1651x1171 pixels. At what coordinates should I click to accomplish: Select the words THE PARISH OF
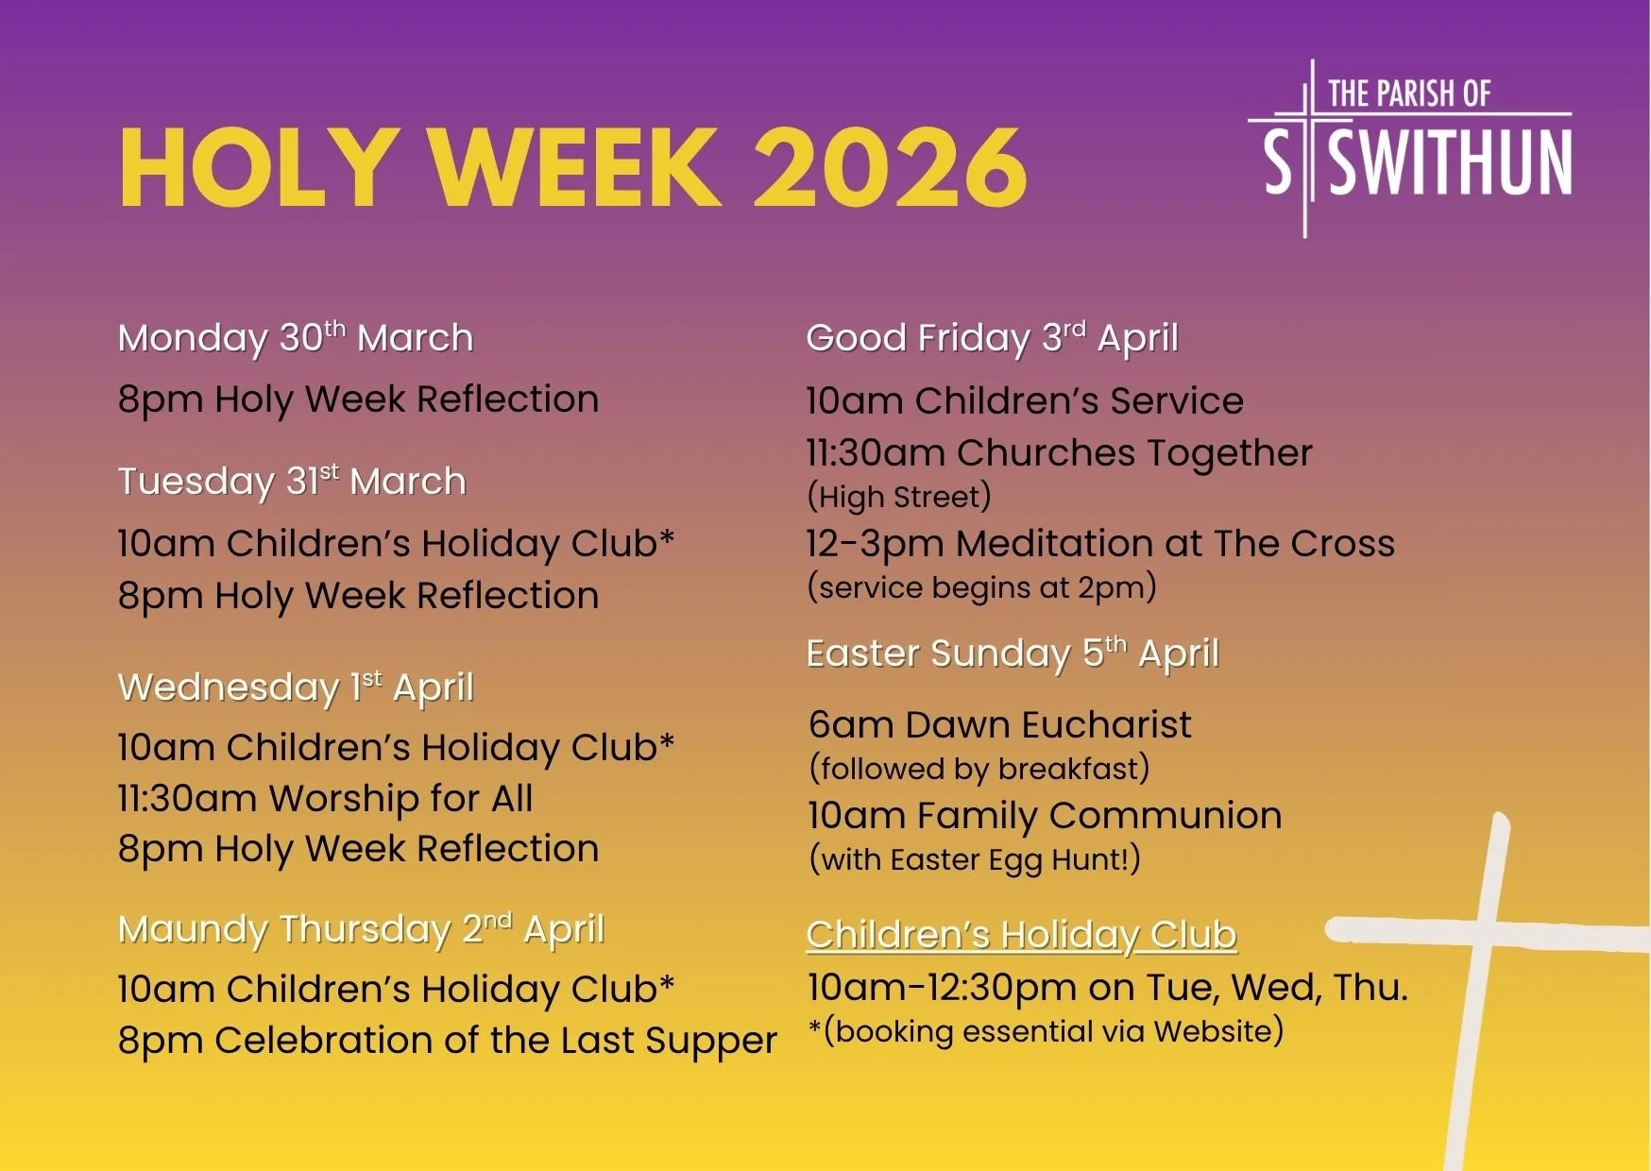click(1408, 93)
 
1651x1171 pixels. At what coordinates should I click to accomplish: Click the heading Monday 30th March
click(296, 338)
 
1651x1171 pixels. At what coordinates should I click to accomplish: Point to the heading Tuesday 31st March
click(292, 482)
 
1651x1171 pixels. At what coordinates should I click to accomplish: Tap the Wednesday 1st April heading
click(296, 687)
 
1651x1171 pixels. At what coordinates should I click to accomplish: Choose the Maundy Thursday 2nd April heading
click(361, 929)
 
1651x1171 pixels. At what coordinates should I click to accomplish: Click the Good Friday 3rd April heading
click(992, 338)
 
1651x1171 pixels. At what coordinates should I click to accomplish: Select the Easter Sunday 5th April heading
click(1013, 653)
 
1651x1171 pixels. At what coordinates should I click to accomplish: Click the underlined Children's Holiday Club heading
click(1021, 935)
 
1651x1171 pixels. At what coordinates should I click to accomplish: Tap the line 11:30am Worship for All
click(325, 799)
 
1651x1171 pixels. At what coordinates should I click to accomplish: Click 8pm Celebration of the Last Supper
click(447, 1041)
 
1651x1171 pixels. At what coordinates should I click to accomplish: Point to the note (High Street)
click(898, 497)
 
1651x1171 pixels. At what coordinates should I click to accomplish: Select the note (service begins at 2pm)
click(981, 587)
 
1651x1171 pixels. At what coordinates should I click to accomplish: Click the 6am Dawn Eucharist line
click(999, 725)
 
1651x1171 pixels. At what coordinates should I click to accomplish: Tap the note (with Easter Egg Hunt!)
click(975, 859)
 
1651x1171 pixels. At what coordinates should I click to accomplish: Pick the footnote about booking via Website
click(1047, 1031)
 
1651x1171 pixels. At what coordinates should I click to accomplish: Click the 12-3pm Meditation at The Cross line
click(1099, 544)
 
